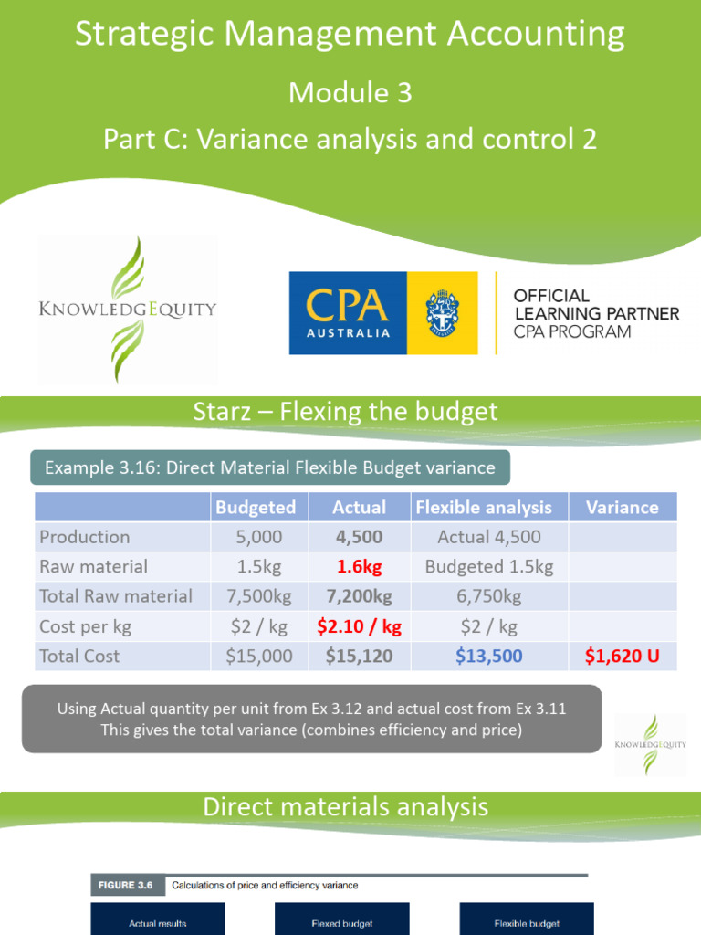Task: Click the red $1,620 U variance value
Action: (623, 656)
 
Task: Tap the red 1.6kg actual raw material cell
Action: (359, 566)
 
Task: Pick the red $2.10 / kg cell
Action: (359, 626)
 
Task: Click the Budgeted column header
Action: (255, 507)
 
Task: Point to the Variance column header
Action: (622, 507)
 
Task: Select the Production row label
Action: (84, 537)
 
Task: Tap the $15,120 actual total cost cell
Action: (359, 656)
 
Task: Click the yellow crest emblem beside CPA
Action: (443, 313)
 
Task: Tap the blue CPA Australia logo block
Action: (348, 313)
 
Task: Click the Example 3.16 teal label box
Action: (270, 468)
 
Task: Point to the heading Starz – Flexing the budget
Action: (346, 412)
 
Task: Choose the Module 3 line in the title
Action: (350, 92)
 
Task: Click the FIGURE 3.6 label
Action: (121, 885)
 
